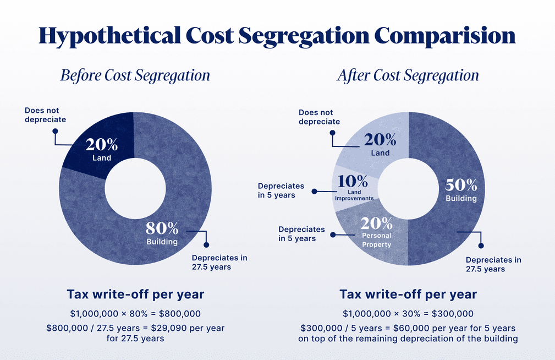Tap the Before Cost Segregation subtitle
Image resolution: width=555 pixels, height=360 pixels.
(135, 75)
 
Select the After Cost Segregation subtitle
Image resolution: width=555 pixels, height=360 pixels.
(408, 75)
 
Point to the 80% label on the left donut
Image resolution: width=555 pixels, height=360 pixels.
(162, 228)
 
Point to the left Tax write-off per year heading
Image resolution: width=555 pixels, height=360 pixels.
(135, 294)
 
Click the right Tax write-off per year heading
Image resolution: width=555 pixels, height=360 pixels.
(408, 294)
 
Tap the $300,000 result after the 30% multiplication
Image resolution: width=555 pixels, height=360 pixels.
(453, 314)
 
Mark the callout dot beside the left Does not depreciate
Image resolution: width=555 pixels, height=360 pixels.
(54, 131)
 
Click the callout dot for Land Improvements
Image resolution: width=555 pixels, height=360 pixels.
(315, 192)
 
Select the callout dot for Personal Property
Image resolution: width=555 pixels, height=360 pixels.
(333, 234)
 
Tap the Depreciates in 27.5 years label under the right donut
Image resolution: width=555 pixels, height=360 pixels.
(493, 264)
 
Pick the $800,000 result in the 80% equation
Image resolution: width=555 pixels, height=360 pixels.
(179, 314)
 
